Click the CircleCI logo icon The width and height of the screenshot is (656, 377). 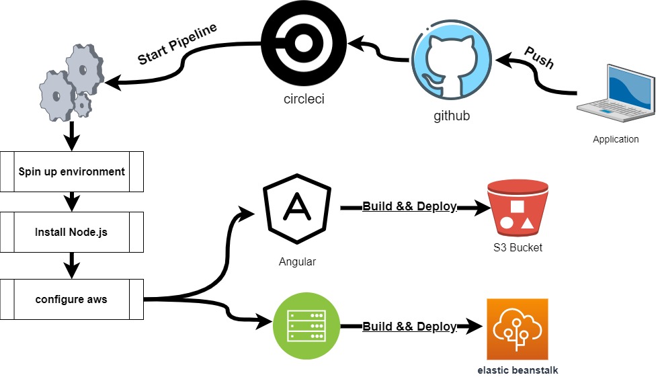(x=304, y=43)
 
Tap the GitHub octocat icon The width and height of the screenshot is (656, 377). (x=452, y=60)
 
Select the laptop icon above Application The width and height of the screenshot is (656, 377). (x=616, y=93)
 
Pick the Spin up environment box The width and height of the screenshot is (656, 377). (x=71, y=171)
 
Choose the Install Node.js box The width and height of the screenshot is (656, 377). (x=71, y=233)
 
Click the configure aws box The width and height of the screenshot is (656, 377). (x=71, y=300)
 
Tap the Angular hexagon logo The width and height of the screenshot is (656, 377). (x=297, y=208)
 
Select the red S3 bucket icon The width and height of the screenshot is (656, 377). (x=518, y=208)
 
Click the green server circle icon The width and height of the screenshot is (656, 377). (x=306, y=325)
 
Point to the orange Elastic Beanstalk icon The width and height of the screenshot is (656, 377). (x=518, y=329)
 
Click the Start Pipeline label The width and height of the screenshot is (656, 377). (x=177, y=44)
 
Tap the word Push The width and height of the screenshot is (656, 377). (x=539, y=57)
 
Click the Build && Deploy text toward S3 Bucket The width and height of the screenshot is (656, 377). (x=409, y=206)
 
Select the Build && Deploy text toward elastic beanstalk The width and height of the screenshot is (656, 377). (x=409, y=327)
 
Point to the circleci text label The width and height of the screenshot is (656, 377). (x=304, y=99)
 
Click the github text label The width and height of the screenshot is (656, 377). (x=452, y=116)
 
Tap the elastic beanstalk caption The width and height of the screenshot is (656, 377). (x=518, y=370)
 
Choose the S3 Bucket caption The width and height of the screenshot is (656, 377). (x=518, y=248)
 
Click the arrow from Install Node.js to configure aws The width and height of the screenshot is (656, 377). (x=72, y=265)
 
